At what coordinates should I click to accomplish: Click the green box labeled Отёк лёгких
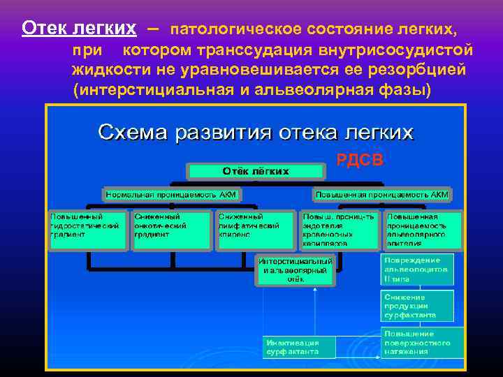point(256,171)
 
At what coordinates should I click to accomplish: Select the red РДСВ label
point(360,161)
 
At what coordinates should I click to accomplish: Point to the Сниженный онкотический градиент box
point(170,230)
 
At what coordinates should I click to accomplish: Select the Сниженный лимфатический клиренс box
point(254,230)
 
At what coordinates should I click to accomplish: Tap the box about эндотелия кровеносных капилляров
point(340,230)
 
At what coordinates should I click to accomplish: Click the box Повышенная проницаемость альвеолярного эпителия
point(423,230)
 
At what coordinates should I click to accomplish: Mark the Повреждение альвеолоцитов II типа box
point(417,269)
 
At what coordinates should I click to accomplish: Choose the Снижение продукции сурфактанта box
point(417,305)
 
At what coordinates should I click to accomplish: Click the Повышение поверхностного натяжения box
point(422,342)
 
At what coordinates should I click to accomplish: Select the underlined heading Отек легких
point(78,29)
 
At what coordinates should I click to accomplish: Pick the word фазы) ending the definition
point(405,91)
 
